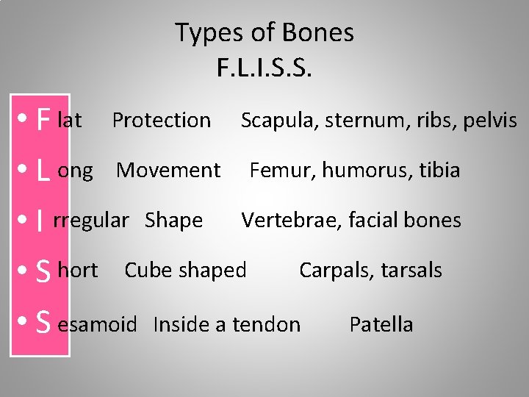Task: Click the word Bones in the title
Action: [x=320, y=33]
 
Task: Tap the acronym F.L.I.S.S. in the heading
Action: [x=264, y=68]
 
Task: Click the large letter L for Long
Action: [x=43, y=171]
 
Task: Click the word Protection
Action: [x=161, y=120]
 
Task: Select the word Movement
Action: [x=168, y=171]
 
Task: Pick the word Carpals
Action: [x=331, y=271]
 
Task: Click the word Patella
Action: [x=381, y=324]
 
